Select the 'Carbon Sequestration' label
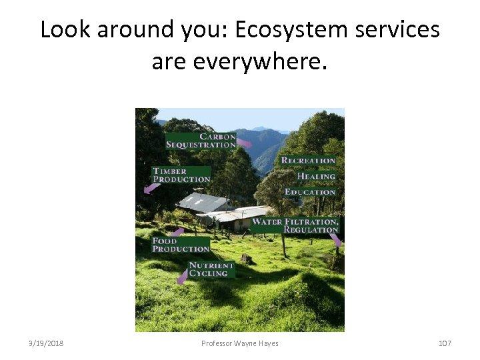coord(201,141)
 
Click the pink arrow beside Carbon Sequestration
coord(245,143)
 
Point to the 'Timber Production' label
coord(181,175)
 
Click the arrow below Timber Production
coord(151,189)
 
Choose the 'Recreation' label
coord(308,161)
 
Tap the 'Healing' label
coord(316,176)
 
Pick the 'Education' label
coord(310,192)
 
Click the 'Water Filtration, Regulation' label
coord(295,225)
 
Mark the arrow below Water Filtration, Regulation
coord(335,240)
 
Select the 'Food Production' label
coord(181,245)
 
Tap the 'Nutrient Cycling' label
coord(211,269)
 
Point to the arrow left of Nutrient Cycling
coord(181,276)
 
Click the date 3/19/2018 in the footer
coord(46,343)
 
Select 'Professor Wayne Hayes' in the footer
coord(240,343)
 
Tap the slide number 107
coord(445,343)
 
